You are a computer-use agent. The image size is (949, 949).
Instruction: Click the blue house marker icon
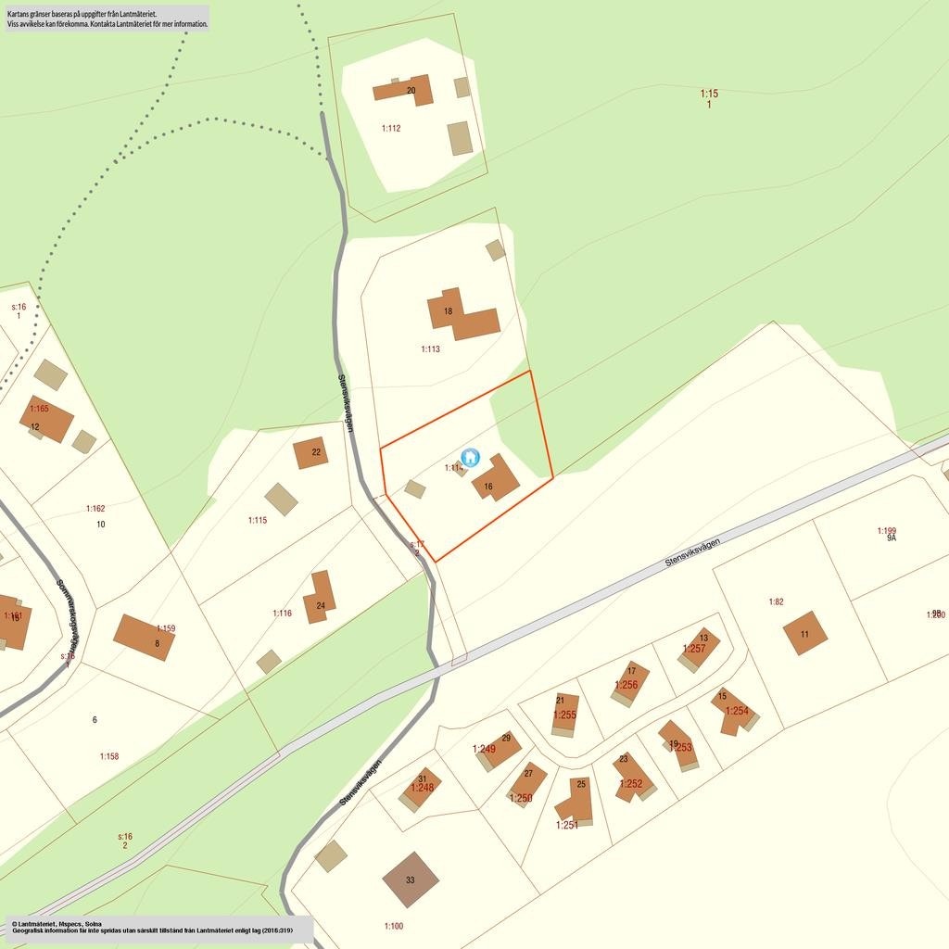470,457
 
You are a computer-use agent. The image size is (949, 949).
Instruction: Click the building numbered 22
310,452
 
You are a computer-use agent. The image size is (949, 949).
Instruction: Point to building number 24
320,598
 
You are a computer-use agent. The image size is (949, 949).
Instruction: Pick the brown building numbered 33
411,879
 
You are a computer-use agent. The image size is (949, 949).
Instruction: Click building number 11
804,633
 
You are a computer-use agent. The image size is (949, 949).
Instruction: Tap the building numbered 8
144,637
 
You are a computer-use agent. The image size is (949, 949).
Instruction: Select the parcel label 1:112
391,128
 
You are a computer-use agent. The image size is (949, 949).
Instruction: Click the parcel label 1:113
430,349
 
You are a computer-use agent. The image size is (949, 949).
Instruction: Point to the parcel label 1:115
258,520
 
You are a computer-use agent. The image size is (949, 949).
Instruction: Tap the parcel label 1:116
282,614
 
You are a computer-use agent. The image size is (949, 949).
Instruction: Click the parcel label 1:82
776,602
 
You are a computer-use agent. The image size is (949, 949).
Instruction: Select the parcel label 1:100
394,926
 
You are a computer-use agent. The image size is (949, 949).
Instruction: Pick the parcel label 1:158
109,756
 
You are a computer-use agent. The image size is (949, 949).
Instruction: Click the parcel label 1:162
95,509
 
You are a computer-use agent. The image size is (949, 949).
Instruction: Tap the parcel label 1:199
887,531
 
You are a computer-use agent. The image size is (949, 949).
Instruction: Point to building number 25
577,799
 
